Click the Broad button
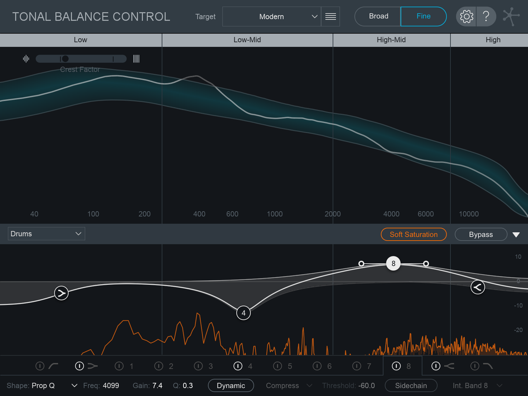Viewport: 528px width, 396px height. (378, 16)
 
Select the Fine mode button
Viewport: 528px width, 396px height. (423, 16)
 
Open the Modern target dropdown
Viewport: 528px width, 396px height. (271, 17)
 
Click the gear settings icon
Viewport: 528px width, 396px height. (466, 17)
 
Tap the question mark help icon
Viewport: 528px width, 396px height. (486, 17)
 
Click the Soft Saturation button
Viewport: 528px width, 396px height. (414, 235)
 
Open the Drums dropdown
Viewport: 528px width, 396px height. (46, 234)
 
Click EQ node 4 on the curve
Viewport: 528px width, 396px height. (243, 313)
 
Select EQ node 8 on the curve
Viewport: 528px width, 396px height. (393, 264)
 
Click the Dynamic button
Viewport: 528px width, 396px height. (231, 385)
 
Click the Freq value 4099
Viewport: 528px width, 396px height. (111, 385)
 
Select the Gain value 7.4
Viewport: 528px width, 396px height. (157, 385)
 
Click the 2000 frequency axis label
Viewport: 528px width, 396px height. (333, 214)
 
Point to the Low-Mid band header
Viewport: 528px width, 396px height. (247, 40)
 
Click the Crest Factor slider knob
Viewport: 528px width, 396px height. (65, 59)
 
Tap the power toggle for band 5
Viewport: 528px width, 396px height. (278, 366)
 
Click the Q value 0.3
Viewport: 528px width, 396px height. (188, 385)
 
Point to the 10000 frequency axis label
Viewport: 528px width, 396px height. (469, 214)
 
